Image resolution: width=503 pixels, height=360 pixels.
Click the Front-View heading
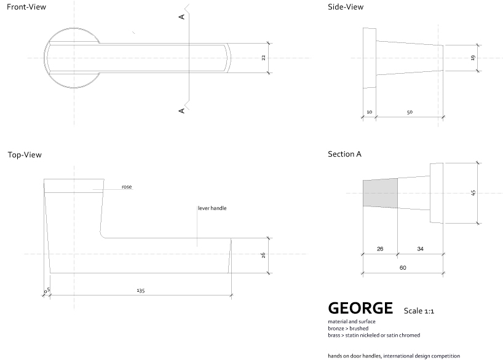point(26,7)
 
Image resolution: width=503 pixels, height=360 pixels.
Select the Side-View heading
point(346,7)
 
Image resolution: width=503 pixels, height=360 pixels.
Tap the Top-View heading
point(25,155)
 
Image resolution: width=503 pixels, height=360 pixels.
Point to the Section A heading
point(344,154)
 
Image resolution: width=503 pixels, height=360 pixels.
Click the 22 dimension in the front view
point(263,58)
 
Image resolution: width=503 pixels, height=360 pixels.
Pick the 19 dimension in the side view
point(473,58)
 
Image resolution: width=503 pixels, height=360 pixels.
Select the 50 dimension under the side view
point(410,112)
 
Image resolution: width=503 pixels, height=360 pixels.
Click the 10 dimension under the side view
point(369,112)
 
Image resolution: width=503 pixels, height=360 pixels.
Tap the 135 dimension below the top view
point(140,291)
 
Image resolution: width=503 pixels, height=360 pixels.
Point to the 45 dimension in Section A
point(473,193)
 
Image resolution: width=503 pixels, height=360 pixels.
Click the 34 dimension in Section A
point(420,249)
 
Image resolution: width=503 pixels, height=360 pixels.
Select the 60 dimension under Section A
point(403,267)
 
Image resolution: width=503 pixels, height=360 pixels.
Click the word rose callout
point(127,186)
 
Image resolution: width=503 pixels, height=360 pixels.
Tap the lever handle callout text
point(212,208)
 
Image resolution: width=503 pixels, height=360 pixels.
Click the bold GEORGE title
point(360,307)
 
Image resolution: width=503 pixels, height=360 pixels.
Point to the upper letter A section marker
point(182,17)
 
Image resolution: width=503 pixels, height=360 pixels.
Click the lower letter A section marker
point(182,111)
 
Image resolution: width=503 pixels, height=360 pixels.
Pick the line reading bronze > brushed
point(348,328)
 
